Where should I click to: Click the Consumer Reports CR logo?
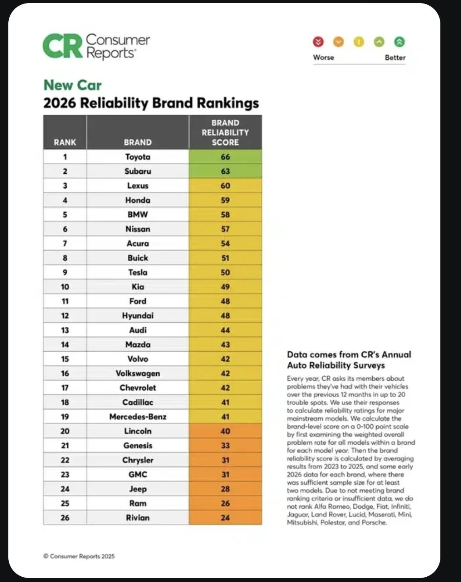[x=63, y=46]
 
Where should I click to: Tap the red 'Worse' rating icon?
[x=318, y=42]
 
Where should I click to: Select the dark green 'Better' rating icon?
[x=399, y=42]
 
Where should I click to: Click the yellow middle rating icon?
[x=359, y=42]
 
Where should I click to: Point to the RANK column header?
[x=65, y=142]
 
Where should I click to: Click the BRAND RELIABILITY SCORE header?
[x=225, y=132]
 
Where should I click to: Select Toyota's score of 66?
[x=225, y=157]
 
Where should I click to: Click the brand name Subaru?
[x=137, y=171]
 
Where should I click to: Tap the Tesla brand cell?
[x=137, y=272]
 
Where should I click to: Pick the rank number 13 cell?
[x=65, y=330]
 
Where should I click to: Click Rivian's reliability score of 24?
[x=225, y=518]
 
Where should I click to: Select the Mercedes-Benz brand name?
[x=137, y=417]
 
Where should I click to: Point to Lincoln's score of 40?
[x=225, y=431]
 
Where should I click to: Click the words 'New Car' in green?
[x=72, y=85]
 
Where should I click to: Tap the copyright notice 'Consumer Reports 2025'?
[x=79, y=556]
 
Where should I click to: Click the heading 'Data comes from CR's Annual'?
[x=349, y=354]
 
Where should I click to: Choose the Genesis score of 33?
[x=225, y=446]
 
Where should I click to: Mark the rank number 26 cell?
[x=65, y=518]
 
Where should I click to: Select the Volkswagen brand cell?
[x=137, y=373]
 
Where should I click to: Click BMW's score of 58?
[x=225, y=214]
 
